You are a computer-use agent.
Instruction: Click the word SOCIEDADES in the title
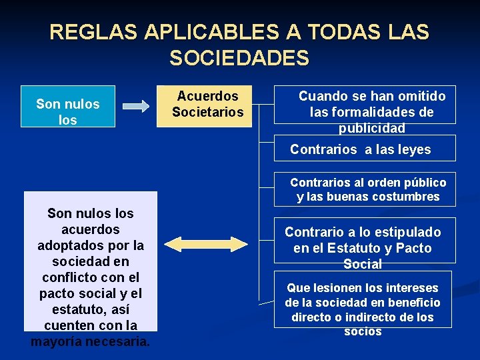(x=239, y=58)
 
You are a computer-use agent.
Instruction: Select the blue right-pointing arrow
(x=137, y=106)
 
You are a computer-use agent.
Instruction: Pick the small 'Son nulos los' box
(x=67, y=107)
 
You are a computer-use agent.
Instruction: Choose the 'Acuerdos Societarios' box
(x=207, y=105)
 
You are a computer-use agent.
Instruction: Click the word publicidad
(x=371, y=128)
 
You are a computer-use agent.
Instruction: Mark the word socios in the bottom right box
(x=363, y=331)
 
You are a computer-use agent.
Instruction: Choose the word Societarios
(x=207, y=112)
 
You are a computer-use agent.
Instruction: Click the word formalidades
(x=381, y=112)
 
